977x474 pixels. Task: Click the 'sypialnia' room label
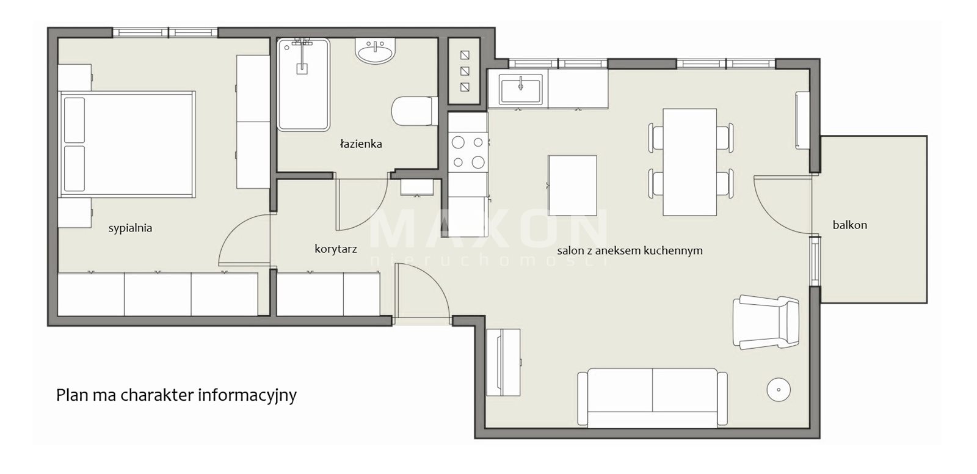click(130, 228)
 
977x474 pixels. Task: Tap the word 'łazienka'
click(361, 144)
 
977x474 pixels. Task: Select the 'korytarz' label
click(335, 249)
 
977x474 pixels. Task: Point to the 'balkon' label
click(849, 225)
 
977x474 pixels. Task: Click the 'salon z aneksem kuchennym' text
click(630, 250)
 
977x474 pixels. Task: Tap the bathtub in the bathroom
click(303, 85)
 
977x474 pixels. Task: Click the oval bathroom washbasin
click(376, 51)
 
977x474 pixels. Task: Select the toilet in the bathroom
click(415, 111)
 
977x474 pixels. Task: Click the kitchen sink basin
click(520, 90)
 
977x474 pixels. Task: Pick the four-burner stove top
click(468, 152)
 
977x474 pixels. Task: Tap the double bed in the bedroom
click(126, 144)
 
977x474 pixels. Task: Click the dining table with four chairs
click(690, 162)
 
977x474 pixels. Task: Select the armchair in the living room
click(766, 322)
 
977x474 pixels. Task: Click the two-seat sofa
click(652, 397)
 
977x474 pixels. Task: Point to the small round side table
click(779, 390)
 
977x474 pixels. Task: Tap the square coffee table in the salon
click(572, 186)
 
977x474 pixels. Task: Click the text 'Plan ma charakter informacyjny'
click(176, 395)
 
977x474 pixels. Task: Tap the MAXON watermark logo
click(488, 236)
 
